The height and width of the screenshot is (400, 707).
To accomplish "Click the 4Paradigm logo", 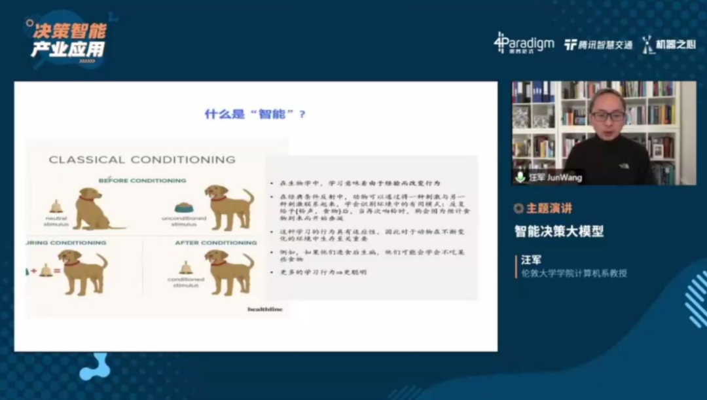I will tap(524, 43).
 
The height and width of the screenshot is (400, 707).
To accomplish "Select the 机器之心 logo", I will tap(668, 45).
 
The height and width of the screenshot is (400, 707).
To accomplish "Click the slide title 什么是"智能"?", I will tap(255, 114).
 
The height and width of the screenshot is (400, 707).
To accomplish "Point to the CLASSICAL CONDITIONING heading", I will tap(142, 159).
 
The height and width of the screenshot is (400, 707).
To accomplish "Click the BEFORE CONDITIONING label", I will tap(142, 180).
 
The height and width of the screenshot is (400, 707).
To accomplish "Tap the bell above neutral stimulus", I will tap(56, 206).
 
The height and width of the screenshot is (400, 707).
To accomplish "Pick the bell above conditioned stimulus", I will tap(186, 267).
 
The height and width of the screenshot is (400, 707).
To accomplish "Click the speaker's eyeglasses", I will tap(608, 116).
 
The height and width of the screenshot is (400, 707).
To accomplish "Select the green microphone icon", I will tap(520, 177).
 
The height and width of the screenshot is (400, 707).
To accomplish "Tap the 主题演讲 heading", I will tap(549, 208).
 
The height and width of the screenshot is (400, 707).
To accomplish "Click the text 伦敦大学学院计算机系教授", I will tap(573, 273).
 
